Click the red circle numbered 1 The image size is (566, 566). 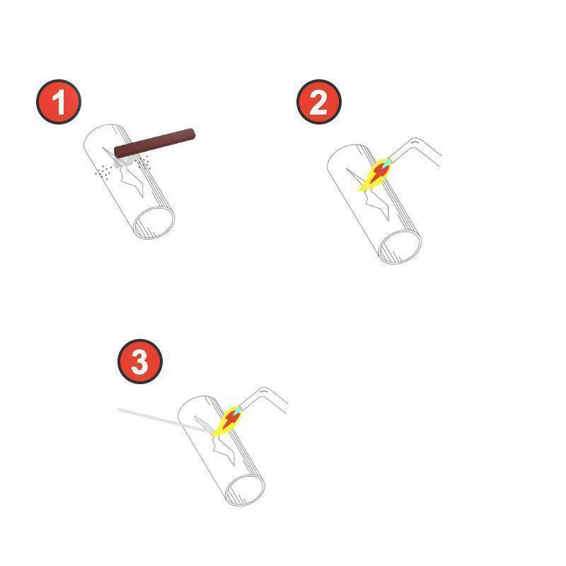click(x=59, y=102)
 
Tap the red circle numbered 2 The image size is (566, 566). click(x=319, y=102)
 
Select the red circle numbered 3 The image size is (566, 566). click(x=140, y=362)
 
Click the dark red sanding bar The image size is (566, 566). click(x=155, y=143)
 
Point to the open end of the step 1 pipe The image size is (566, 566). click(x=154, y=223)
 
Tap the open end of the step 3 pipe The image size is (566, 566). click(x=245, y=490)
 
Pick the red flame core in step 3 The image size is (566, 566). click(x=230, y=420)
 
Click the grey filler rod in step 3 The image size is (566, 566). click(x=164, y=420)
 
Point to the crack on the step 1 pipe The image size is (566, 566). click(x=127, y=171)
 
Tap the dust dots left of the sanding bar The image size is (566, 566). click(x=103, y=171)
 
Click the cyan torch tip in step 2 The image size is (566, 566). click(x=386, y=162)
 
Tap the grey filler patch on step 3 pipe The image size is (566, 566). click(x=203, y=424)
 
